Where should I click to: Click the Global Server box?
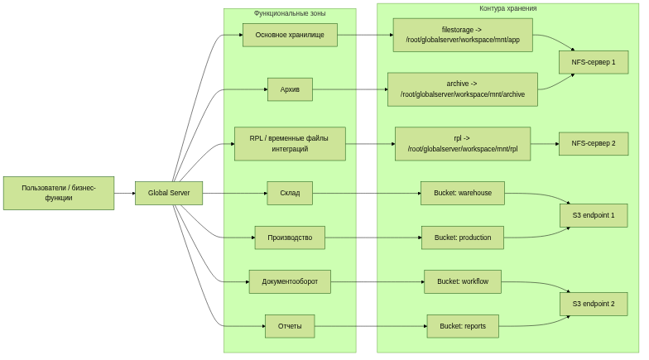click(x=169, y=193)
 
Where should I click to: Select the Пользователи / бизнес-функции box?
click(x=59, y=193)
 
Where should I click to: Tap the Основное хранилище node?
click(x=290, y=35)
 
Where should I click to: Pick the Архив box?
click(x=290, y=89)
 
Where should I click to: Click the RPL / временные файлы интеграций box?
click(x=290, y=144)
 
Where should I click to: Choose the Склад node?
click(x=290, y=193)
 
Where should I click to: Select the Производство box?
click(x=290, y=238)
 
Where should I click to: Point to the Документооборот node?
click(x=290, y=281)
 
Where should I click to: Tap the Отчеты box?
click(x=290, y=326)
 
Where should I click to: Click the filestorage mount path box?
click(x=463, y=35)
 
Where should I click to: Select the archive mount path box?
click(x=463, y=89)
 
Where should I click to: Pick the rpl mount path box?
click(x=463, y=144)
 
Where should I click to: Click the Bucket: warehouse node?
click(x=463, y=193)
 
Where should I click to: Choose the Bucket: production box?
click(x=463, y=238)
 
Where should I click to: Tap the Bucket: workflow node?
click(x=463, y=281)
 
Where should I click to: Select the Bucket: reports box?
click(x=463, y=326)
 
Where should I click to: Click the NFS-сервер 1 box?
click(x=594, y=62)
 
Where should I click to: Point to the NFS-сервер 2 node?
click(x=594, y=143)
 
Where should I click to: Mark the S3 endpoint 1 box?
click(x=594, y=215)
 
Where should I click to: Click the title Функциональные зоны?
click(x=290, y=13)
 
